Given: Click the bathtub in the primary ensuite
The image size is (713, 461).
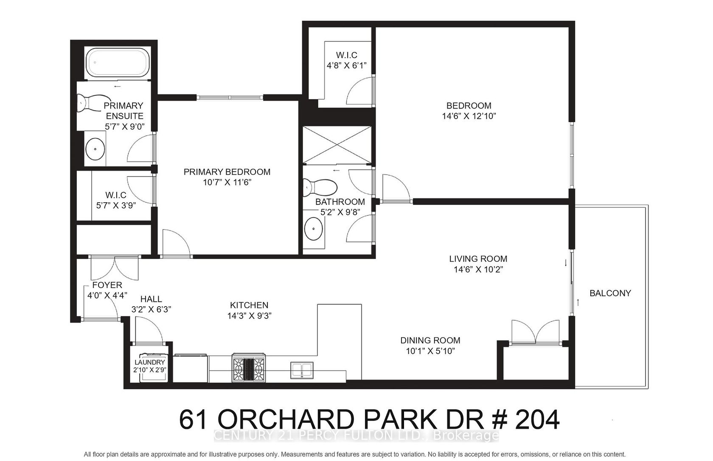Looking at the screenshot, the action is click(x=118, y=62).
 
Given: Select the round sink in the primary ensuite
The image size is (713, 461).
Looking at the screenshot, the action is click(x=95, y=148).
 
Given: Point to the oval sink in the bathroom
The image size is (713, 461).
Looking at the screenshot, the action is click(x=314, y=229).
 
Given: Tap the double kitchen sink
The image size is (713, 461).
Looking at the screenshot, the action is click(x=302, y=370).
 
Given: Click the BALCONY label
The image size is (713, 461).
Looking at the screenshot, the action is click(x=610, y=293).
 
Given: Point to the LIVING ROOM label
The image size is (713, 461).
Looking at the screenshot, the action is click(x=478, y=259).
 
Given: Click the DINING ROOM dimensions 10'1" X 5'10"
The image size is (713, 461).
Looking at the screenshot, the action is click(x=430, y=351).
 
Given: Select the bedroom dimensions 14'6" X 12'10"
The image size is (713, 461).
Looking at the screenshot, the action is click(x=469, y=116).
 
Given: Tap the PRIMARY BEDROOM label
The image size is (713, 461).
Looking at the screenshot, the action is click(x=227, y=172).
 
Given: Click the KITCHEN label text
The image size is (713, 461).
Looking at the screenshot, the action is click(x=249, y=305).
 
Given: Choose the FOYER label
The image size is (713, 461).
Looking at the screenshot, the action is click(x=107, y=285).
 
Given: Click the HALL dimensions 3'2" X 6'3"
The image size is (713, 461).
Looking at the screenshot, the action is click(x=151, y=309).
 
